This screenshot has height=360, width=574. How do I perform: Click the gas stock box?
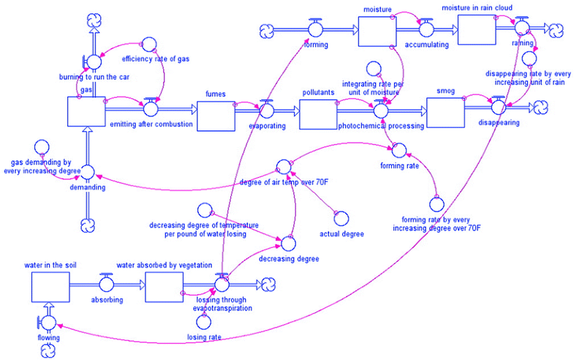[x=86, y=111]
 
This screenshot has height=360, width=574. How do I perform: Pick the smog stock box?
[x=445, y=112]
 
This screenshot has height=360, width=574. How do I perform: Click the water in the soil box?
[x=50, y=285]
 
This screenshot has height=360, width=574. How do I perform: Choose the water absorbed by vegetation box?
[x=164, y=285]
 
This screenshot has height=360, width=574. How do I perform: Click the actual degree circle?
[x=340, y=217]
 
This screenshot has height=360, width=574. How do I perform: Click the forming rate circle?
[x=398, y=151]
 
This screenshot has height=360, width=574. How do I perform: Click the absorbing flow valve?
[x=107, y=284]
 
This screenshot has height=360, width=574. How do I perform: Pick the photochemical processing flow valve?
[x=379, y=110]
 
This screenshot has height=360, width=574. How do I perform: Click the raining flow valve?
[x=522, y=29]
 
